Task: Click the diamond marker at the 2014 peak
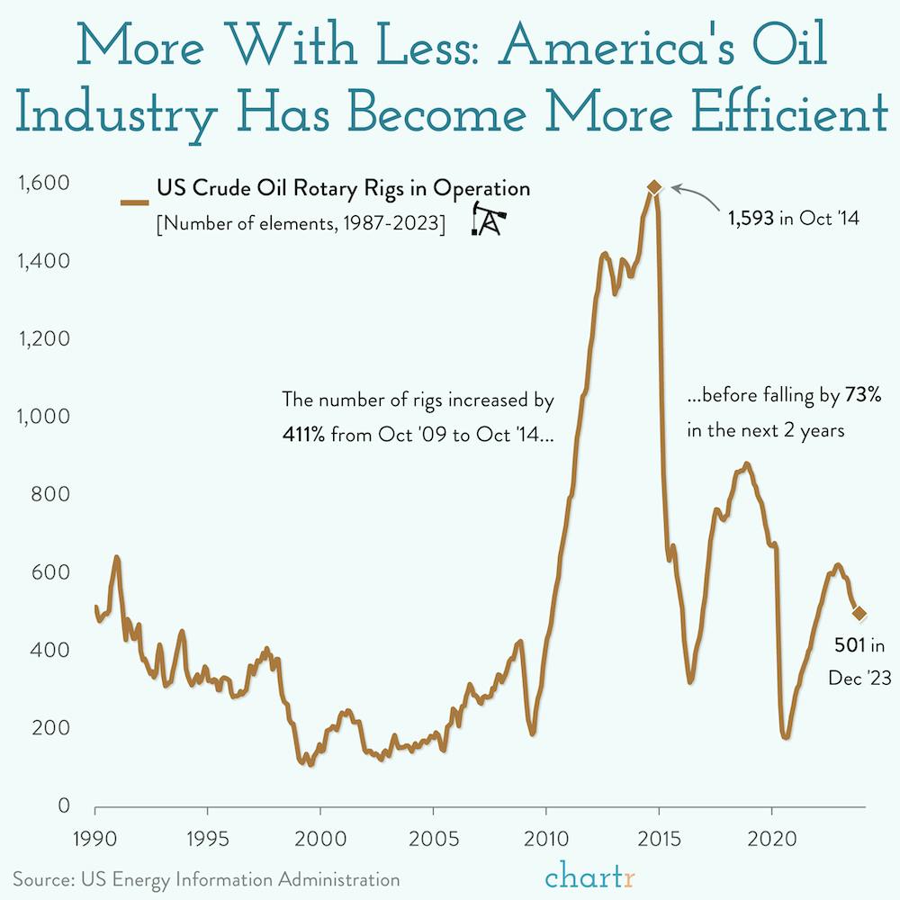click(654, 187)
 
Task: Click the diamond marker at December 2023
click(859, 614)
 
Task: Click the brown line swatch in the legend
click(135, 203)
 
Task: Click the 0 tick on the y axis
click(63, 806)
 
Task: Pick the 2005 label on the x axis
click(434, 835)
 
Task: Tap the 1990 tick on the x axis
click(94, 835)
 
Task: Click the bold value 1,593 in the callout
click(751, 217)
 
